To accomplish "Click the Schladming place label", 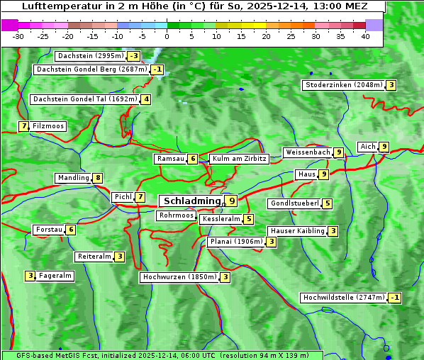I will (192, 201).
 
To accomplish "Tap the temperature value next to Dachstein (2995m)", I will (133, 56).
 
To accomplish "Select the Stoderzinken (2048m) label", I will (343, 85).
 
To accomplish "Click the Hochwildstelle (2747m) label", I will (344, 298).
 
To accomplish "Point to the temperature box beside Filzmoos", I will (23, 126).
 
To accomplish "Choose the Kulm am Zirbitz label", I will (239, 159).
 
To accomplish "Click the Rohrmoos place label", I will (176, 215).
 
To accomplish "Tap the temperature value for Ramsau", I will (193, 159).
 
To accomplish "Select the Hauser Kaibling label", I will (297, 231).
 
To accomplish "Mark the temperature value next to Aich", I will (384, 147).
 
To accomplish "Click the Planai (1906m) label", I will (237, 242).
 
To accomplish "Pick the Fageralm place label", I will (55, 276).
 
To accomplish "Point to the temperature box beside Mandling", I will (97, 178).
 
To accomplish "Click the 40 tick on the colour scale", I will (365, 35).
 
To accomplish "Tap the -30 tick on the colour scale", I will (18, 35).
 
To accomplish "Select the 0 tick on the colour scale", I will (167, 35).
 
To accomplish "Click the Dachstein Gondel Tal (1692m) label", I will (84, 99).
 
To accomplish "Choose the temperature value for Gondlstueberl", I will (327, 203).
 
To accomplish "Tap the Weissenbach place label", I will (307, 152).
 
